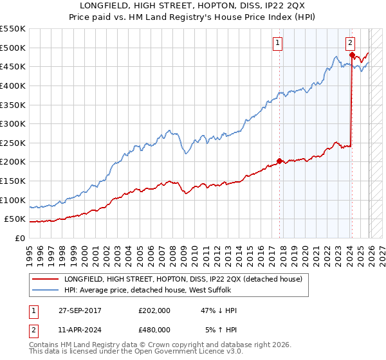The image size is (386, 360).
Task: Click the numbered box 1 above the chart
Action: point(278,43)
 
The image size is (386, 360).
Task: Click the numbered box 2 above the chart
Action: point(351,43)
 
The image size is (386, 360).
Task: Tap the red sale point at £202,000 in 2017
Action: point(279,161)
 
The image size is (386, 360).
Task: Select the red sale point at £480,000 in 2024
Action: point(352,55)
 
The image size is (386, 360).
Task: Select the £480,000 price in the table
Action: point(154,329)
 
